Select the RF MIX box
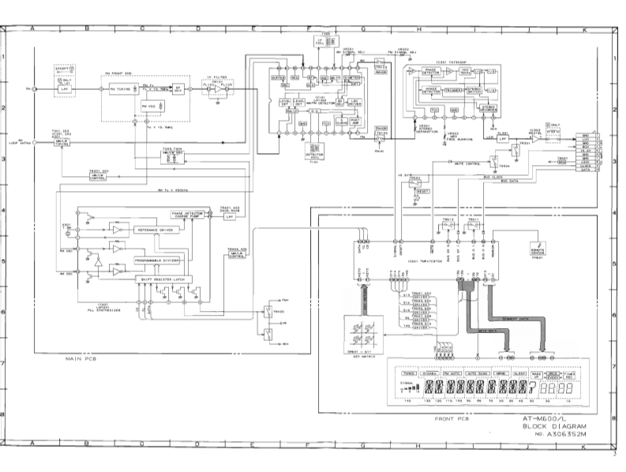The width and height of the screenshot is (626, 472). coord(178,88)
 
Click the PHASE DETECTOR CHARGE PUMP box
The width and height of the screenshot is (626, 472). coord(189,215)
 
